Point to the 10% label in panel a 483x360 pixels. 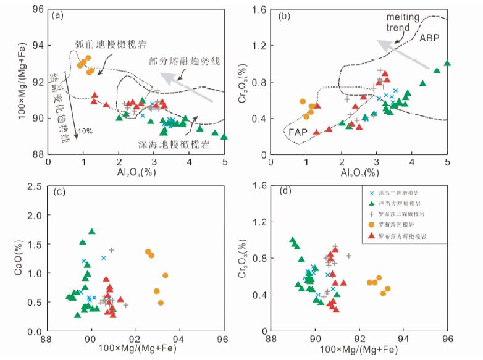[84, 131]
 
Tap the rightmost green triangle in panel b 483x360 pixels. [448, 63]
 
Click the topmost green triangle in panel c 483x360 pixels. [92, 232]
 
